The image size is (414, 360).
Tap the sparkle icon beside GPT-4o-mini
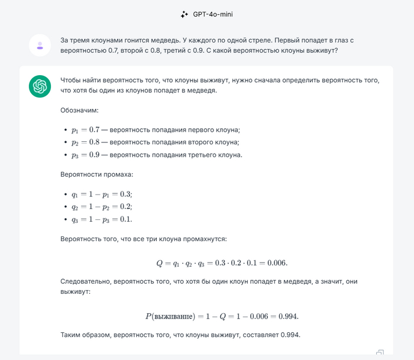click(x=185, y=14)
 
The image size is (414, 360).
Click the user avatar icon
click(x=40, y=45)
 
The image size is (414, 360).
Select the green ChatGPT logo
click(x=40, y=87)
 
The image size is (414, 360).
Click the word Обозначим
click(x=79, y=110)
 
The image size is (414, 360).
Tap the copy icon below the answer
click(x=380, y=353)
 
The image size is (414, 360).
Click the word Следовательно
click(x=85, y=282)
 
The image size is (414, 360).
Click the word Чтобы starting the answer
click(x=71, y=80)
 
